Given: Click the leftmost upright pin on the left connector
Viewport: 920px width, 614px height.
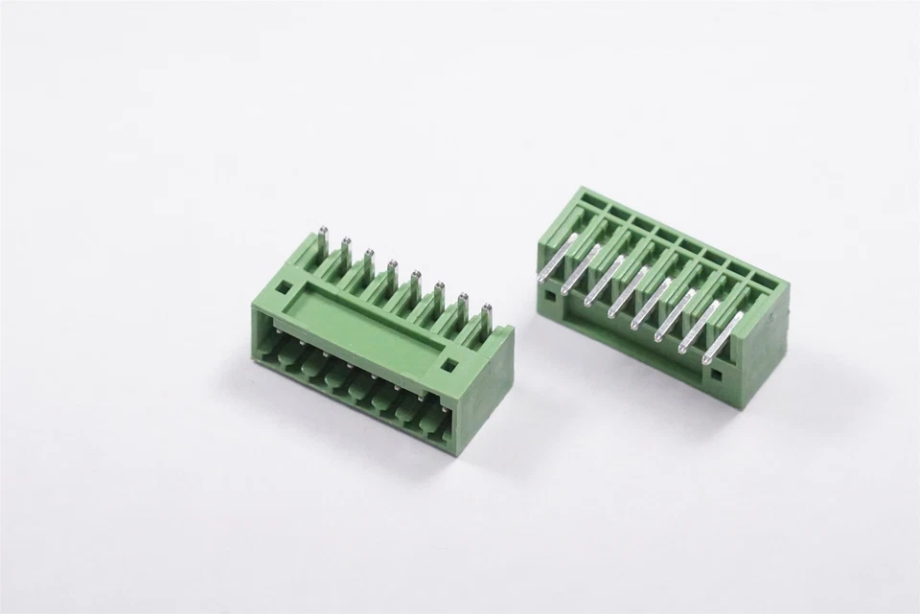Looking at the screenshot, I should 324,239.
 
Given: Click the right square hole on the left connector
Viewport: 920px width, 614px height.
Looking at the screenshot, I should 447,365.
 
